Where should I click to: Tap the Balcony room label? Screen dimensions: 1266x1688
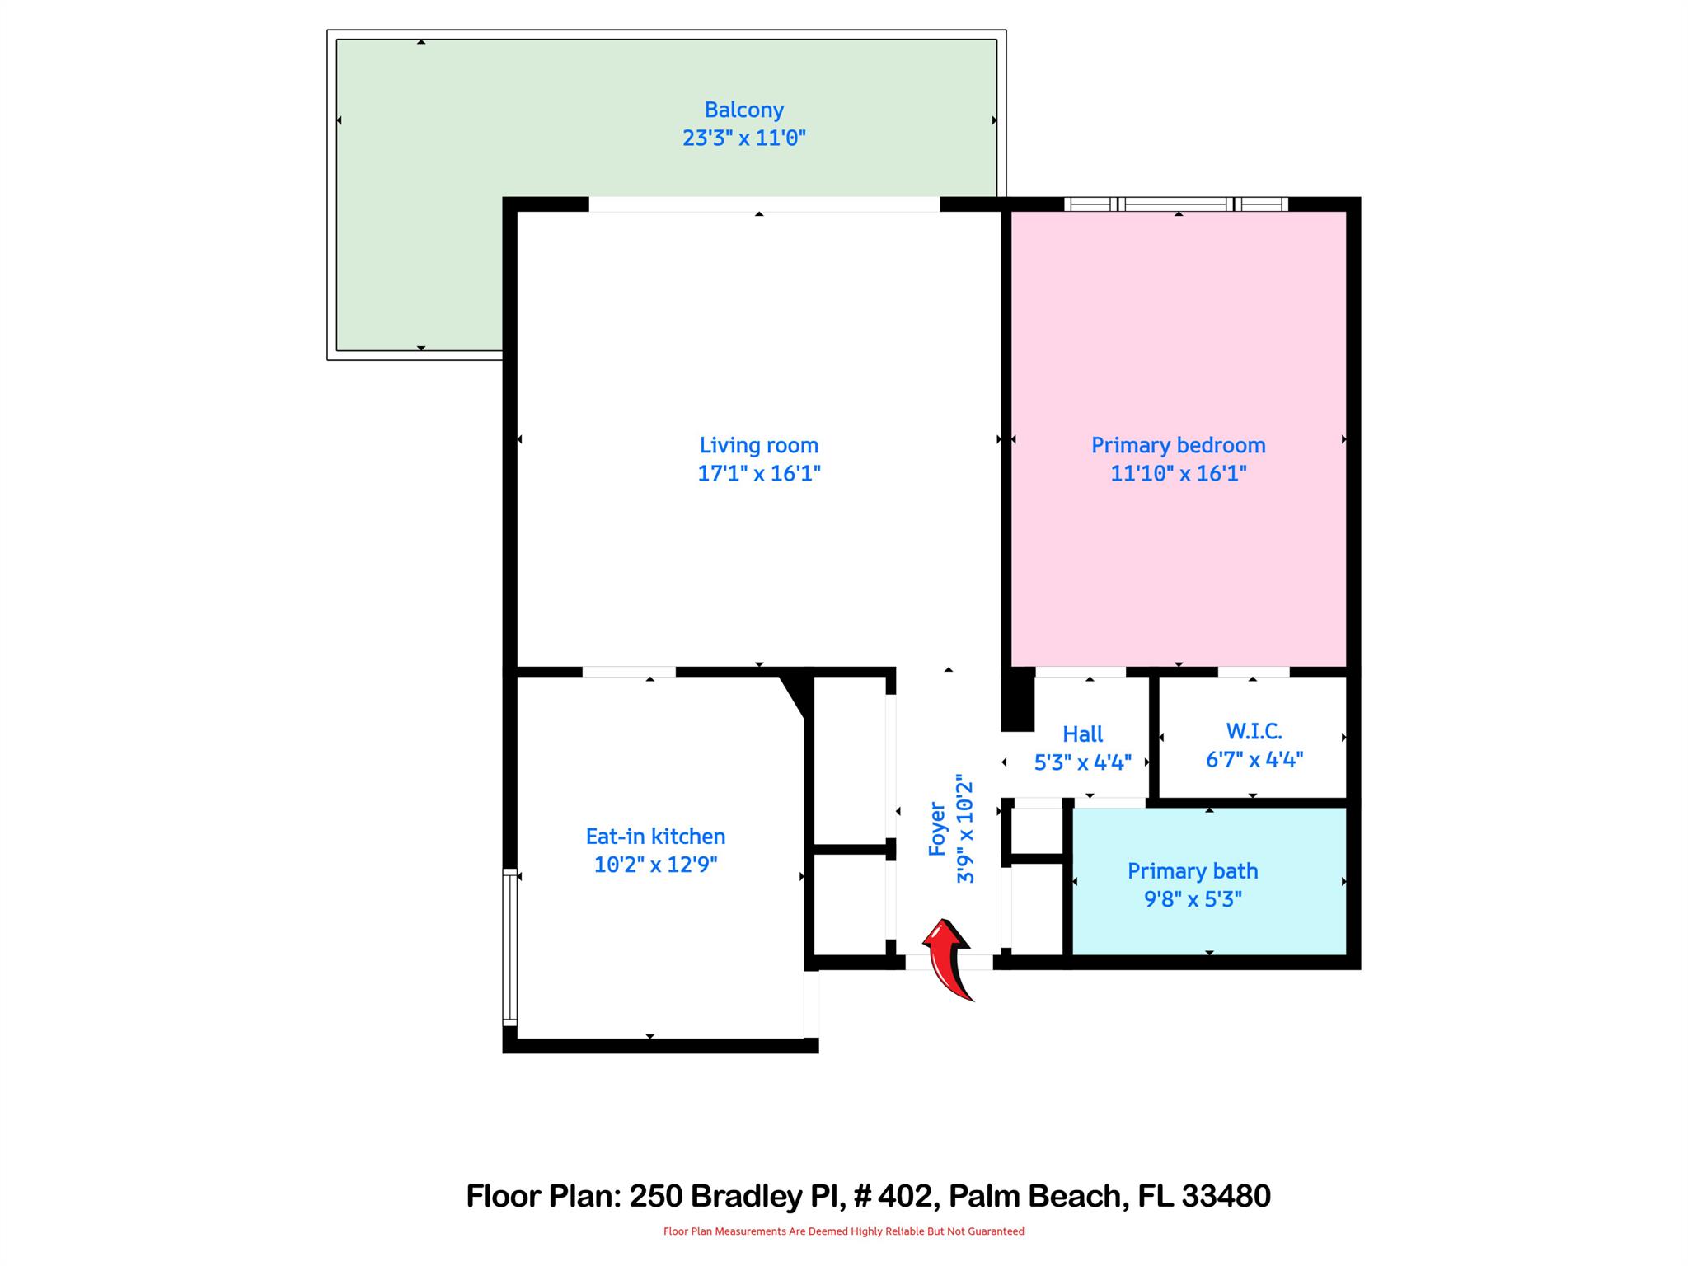(743, 110)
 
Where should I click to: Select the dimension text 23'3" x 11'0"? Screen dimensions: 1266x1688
(743, 138)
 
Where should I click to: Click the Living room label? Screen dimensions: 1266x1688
(758, 445)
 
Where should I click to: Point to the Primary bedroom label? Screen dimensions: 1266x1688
(1178, 445)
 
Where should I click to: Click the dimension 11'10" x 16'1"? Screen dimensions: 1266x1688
(1178, 473)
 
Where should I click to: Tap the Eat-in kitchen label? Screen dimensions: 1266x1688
(655, 836)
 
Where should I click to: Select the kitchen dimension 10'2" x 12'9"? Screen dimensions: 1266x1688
(655, 865)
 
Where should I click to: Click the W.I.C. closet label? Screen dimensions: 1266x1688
(1254, 731)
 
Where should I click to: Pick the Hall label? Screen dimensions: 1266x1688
(1082, 734)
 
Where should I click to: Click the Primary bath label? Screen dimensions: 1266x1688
(1192, 870)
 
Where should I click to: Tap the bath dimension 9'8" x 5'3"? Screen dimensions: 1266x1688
(1192, 899)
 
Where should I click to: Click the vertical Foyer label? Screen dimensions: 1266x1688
(937, 828)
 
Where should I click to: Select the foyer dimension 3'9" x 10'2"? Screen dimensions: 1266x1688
(965, 828)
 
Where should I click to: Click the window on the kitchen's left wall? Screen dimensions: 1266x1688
(509, 946)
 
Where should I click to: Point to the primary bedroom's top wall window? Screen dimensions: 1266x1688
(1175, 204)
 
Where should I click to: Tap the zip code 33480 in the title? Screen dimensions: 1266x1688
(1226, 1195)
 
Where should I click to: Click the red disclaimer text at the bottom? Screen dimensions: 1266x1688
(843, 1231)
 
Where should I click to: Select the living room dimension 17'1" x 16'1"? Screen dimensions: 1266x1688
(758, 473)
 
